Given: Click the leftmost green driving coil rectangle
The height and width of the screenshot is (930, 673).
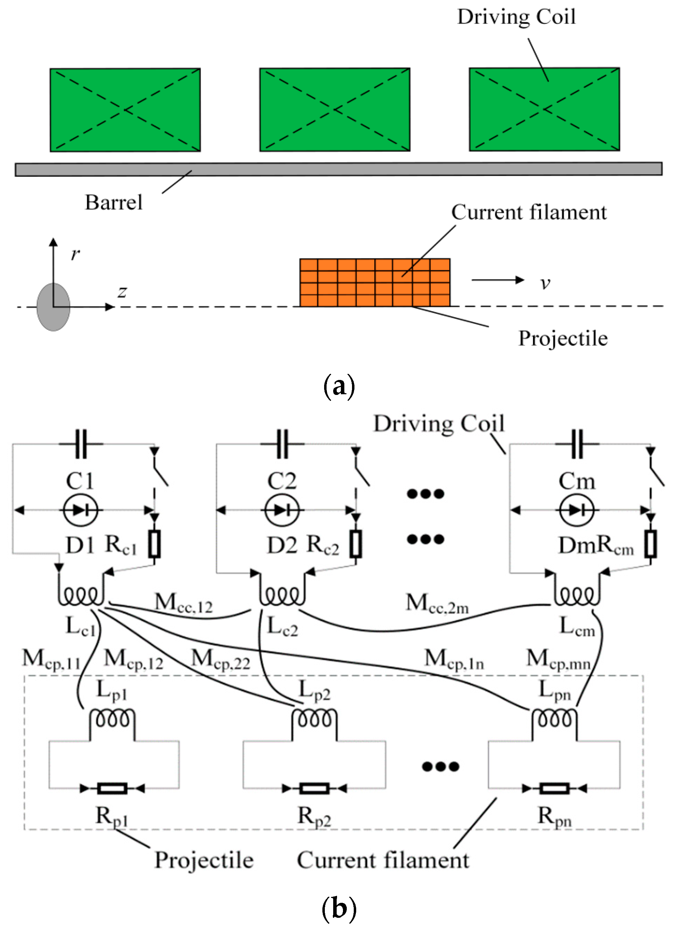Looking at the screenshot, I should click(125, 110).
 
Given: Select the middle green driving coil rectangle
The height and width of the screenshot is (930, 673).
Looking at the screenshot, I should click(335, 110).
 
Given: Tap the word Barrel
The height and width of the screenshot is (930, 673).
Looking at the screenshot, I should click(114, 203).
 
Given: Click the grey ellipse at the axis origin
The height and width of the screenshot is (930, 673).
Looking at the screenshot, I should click(53, 307).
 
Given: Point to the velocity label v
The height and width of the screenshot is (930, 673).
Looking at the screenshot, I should click(545, 283).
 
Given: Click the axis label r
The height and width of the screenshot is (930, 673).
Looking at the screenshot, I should click(75, 254).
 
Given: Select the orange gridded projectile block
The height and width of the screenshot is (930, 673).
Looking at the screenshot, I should click(374, 283).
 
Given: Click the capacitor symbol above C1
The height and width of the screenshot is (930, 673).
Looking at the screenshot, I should click(81, 444).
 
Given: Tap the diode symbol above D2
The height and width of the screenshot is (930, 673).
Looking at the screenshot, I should click(282, 510).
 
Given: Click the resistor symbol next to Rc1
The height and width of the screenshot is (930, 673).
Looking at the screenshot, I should click(154, 544).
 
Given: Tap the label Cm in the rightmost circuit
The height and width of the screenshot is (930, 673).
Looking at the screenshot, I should click(576, 481).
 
